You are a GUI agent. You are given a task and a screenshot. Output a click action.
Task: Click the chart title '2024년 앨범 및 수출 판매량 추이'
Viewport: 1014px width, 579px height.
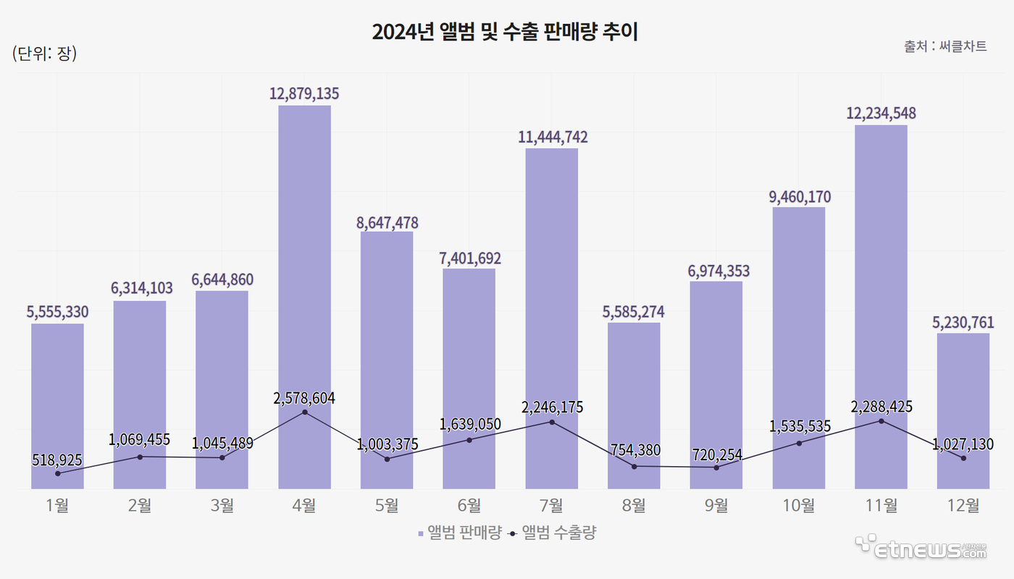[505, 33]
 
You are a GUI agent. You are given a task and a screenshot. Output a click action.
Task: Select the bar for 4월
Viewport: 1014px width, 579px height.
[304, 289]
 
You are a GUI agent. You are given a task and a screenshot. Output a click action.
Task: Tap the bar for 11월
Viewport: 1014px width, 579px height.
[881, 304]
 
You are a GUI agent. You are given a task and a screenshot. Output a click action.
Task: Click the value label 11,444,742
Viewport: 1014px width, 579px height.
[552, 137]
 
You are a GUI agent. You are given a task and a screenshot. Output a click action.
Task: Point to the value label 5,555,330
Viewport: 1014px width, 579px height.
[57, 312]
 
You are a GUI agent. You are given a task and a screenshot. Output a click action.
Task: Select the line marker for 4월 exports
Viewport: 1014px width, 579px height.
[304, 413]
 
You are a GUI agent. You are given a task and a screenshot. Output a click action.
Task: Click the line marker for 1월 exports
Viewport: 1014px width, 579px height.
[57, 473]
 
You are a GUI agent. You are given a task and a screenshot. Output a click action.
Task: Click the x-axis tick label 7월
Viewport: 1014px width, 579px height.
[552, 506]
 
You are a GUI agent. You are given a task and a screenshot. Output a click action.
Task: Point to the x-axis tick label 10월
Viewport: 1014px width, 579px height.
[799, 506]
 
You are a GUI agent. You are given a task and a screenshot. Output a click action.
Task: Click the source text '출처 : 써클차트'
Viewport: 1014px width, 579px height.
[945, 46]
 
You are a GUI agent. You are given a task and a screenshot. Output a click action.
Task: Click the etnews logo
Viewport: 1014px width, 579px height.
[921, 548]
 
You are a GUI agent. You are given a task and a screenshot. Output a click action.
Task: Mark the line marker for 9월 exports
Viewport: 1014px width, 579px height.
[716, 468]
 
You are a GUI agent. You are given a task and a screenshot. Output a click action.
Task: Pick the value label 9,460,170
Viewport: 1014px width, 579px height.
[799, 197]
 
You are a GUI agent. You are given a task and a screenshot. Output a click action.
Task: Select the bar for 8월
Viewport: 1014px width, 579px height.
[634, 405]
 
